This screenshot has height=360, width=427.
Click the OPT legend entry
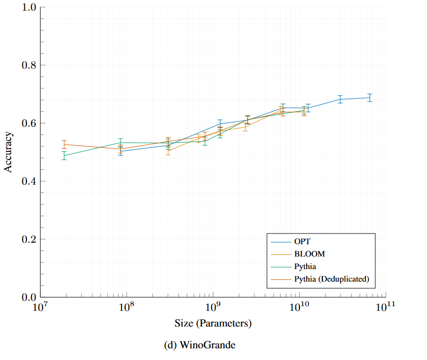(x=302, y=241)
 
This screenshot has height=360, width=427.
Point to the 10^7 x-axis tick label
(x=40, y=307)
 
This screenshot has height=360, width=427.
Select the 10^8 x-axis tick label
(x=127, y=307)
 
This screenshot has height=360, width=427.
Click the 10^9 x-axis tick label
(x=213, y=307)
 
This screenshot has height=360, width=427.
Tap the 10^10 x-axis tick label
(x=299, y=307)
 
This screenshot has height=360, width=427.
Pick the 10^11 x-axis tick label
(x=386, y=307)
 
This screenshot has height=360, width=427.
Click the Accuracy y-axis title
(x=9, y=152)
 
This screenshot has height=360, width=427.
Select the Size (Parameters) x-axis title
(x=213, y=323)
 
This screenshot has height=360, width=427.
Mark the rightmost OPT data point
(x=370, y=97)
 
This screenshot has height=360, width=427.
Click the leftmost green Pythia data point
(x=64, y=155)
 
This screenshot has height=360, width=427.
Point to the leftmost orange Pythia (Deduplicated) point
(x=64, y=144)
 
